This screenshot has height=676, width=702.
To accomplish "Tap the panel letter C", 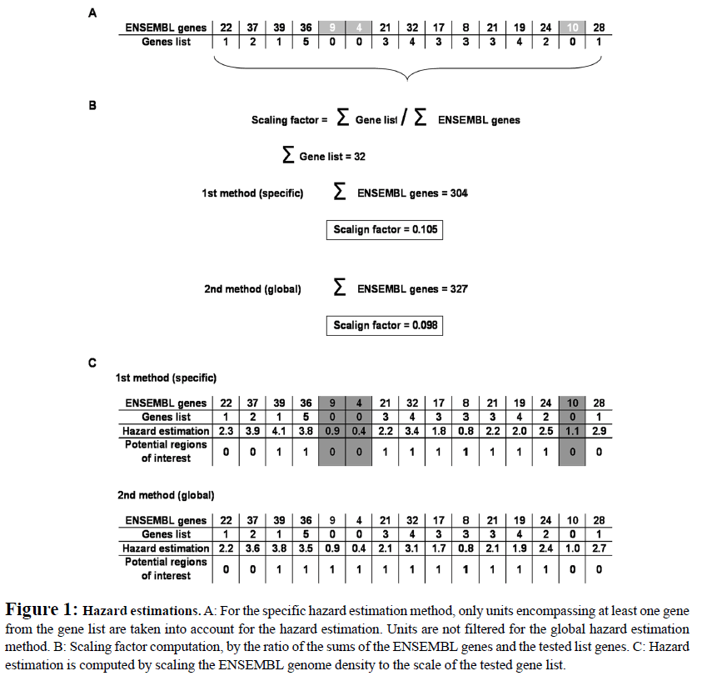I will point(92,363).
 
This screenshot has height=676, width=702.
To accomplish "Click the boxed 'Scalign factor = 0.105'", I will point(384,229).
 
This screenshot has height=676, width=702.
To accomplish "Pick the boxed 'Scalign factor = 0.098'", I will point(384,325).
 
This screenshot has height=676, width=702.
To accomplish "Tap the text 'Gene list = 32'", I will point(331,156).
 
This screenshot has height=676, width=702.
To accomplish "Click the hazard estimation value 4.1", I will point(279,431).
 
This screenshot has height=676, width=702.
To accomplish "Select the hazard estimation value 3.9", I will point(252,431).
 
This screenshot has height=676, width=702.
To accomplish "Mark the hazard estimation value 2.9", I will point(599,431).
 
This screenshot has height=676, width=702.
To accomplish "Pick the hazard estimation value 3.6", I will point(252,548).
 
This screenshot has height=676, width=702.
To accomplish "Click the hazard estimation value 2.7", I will point(599,548).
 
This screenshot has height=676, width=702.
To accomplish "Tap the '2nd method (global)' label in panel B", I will point(252,289).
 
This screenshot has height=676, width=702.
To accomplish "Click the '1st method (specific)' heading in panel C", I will point(166,378).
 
